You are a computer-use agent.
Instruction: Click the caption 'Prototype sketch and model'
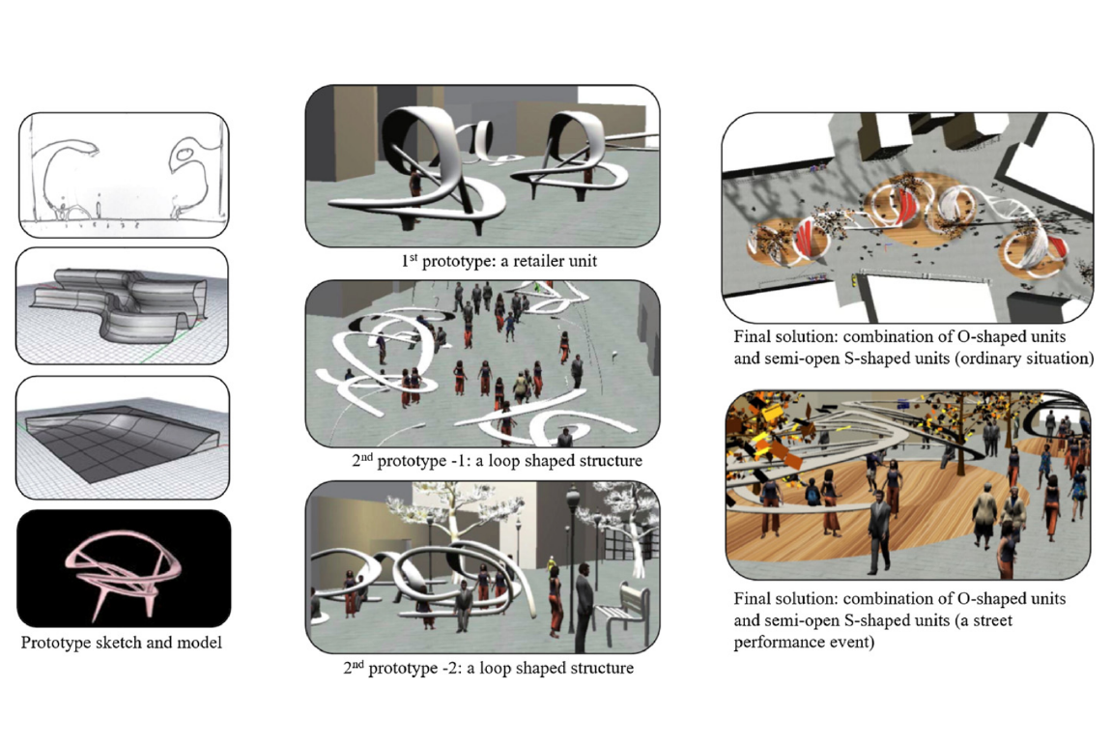tap(122, 643)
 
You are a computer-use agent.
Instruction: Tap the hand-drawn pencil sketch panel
tap(124, 175)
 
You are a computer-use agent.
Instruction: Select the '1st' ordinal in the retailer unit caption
tap(410, 260)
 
